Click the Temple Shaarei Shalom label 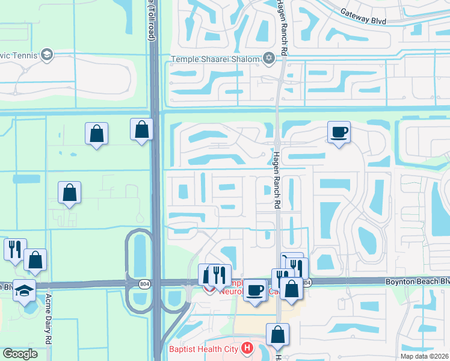[215, 58]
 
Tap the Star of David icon [269, 58]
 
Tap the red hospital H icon [245, 348]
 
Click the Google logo [20, 354]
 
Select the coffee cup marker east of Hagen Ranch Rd [339, 132]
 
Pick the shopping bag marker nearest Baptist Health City [278, 335]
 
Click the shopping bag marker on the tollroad [141, 129]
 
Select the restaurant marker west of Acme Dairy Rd [14, 248]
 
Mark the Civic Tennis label [18, 55]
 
